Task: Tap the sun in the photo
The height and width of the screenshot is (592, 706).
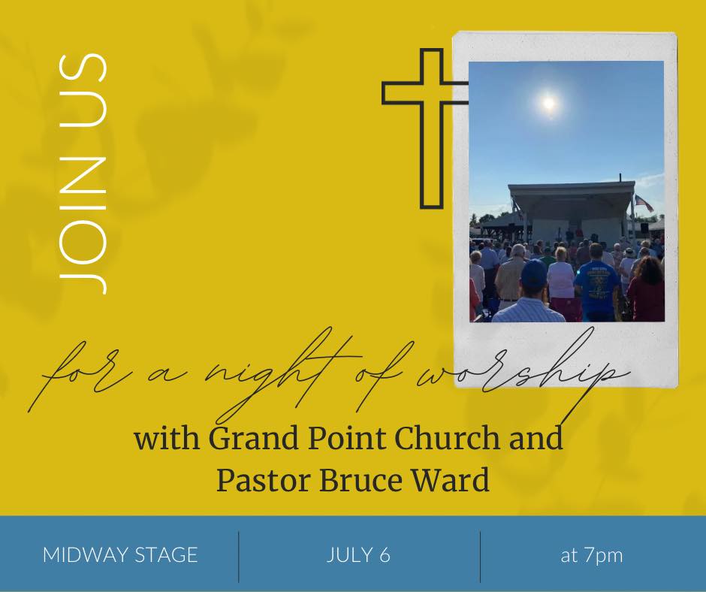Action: point(548,103)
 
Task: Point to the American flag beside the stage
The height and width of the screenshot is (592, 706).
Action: point(644,203)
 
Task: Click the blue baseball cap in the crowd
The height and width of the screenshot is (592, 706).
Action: point(534,273)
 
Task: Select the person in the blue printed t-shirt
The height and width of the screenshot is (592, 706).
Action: point(596,284)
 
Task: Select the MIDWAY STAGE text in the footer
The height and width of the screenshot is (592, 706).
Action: point(120,554)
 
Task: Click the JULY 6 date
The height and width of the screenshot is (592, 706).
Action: point(358,554)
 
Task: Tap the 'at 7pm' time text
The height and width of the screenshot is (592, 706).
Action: point(592,555)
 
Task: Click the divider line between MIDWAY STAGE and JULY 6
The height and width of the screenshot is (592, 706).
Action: point(239,557)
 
